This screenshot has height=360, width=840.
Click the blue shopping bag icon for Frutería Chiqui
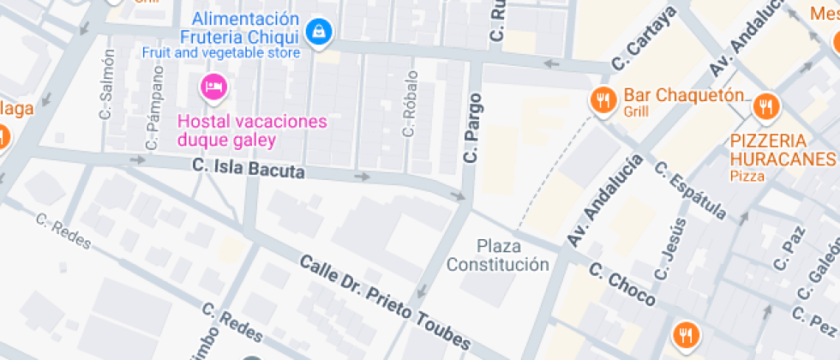pyautogui.click(x=320, y=33)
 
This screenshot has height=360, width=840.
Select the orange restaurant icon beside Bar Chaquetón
pyautogui.click(x=604, y=100)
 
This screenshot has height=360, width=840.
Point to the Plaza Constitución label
pyautogui.click(x=498, y=255)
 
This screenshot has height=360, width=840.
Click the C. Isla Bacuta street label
pyautogui.click(x=249, y=169)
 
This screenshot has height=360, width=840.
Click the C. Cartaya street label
pyautogui.click(x=644, y=39)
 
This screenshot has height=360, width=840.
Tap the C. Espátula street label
pyautogui.click(x=690, y=189)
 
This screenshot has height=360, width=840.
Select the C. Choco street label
pyautogui.click(x=622, y=285)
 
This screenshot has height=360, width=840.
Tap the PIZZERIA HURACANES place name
pyautogui.click(x=783, y=150)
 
